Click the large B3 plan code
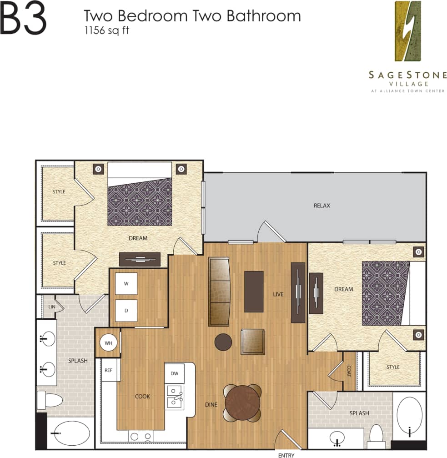coord(24,19)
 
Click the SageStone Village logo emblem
coord(407,31)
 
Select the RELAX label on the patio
coord(322,206)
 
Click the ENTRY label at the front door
coord(286,455)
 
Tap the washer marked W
coord(126,284)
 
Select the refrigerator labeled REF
coord(109,370)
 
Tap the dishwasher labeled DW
coord(174,373)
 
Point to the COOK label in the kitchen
coord(142,397)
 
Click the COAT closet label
coord(349,371)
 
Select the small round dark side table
coord(223,342)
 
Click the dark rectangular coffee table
coord(254,292)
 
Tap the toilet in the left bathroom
coord(49,400)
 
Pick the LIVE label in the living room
coord(278,294)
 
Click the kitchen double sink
coord(174,397)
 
